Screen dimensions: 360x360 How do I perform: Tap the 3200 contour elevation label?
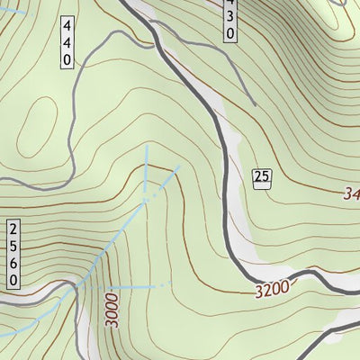271,290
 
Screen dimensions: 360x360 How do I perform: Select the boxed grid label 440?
67,40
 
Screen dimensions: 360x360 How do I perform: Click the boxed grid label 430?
229,19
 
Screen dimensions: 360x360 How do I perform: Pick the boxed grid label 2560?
13,254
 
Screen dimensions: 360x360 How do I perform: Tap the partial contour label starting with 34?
350,193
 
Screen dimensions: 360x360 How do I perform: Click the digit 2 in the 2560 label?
13,227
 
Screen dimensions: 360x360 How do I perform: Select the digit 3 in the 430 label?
229,18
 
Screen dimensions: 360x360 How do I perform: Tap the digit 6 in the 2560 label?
13,263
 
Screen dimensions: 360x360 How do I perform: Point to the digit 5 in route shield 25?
265,176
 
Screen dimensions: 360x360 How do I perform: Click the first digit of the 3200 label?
258,292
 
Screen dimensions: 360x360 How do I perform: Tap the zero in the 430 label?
229,34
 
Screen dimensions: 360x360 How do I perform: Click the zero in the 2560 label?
13,281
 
